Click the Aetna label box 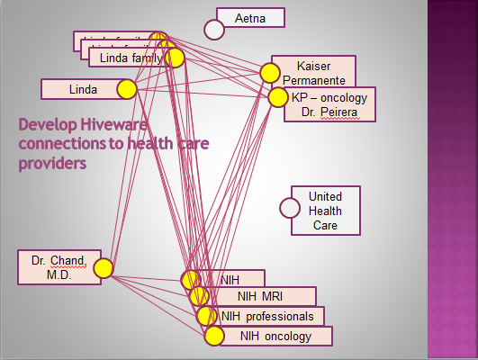point(251,18)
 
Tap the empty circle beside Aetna point(214,29)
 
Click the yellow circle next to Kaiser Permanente point(270,73)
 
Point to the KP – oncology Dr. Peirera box point(329,104)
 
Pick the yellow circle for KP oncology point(278,96)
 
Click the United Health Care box point(325,211)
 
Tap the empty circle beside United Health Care point(290,208)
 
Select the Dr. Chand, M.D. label point(54,267)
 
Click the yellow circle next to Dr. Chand point(103,268)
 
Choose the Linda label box point(83,89)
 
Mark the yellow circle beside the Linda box point(126,89)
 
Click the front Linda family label point(125,58)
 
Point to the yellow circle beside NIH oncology point(213,336)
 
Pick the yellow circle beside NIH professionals point(206,316)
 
